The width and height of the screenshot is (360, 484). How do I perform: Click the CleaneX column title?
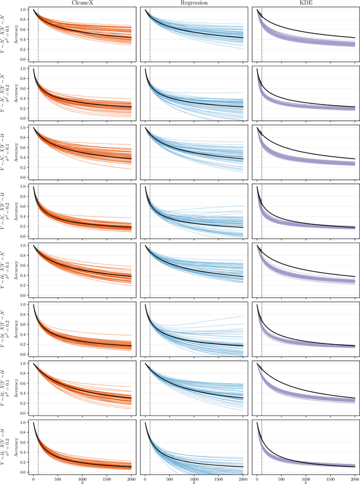click(x=83, y=3)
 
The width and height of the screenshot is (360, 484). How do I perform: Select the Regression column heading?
click(x=194, y=3)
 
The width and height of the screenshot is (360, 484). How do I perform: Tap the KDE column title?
click(x=305, y=3)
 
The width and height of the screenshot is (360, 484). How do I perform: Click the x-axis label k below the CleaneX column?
click(x=83, y=482)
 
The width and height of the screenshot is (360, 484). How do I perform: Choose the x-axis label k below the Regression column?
click(x=194, y=482)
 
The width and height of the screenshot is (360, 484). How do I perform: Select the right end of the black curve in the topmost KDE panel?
click(x=354, y=38)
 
